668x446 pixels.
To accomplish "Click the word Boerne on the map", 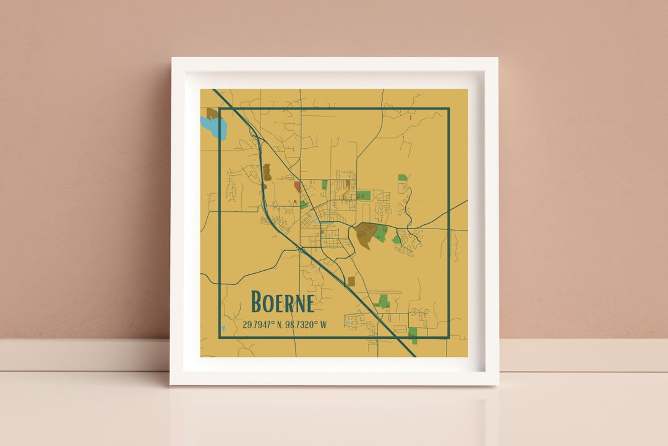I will click(283, 302).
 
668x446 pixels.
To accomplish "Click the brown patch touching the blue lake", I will click(212, 113).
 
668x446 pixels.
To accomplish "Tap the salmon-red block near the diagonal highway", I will click(298, 186).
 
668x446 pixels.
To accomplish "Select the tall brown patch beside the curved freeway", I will click(267, 172).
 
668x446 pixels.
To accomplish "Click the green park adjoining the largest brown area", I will click(380, 232).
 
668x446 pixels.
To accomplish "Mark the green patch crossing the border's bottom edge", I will click(413, 335).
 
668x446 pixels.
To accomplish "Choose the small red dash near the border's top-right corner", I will click(410, 116).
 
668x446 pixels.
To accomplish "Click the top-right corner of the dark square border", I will click(448, 108).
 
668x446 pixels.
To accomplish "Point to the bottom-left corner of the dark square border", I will click(220, 338).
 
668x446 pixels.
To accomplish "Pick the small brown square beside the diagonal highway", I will click(351, 281).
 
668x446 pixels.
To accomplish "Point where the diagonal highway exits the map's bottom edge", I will click(414, 356).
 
